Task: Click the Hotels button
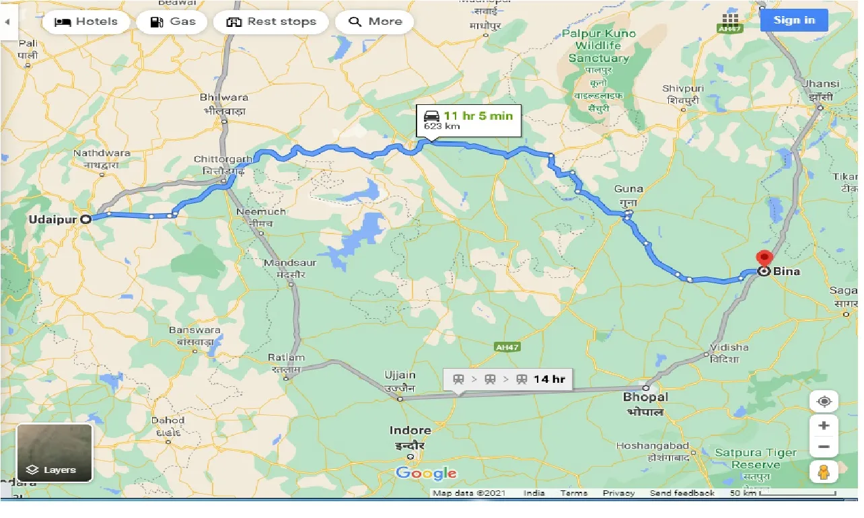point(85,22)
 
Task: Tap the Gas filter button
point(173,22)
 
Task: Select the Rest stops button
point(271,22)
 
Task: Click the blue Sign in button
point(793,20)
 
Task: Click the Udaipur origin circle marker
point(86,219)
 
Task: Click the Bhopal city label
point(645,398)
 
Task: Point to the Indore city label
point(410,431)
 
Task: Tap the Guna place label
point(628,189)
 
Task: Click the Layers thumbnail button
point(55,453)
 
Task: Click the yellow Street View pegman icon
point(824,473)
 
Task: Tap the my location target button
point(824,402)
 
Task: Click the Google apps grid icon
point(729,20)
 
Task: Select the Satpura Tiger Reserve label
point(755,459)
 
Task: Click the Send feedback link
point(682,493)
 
